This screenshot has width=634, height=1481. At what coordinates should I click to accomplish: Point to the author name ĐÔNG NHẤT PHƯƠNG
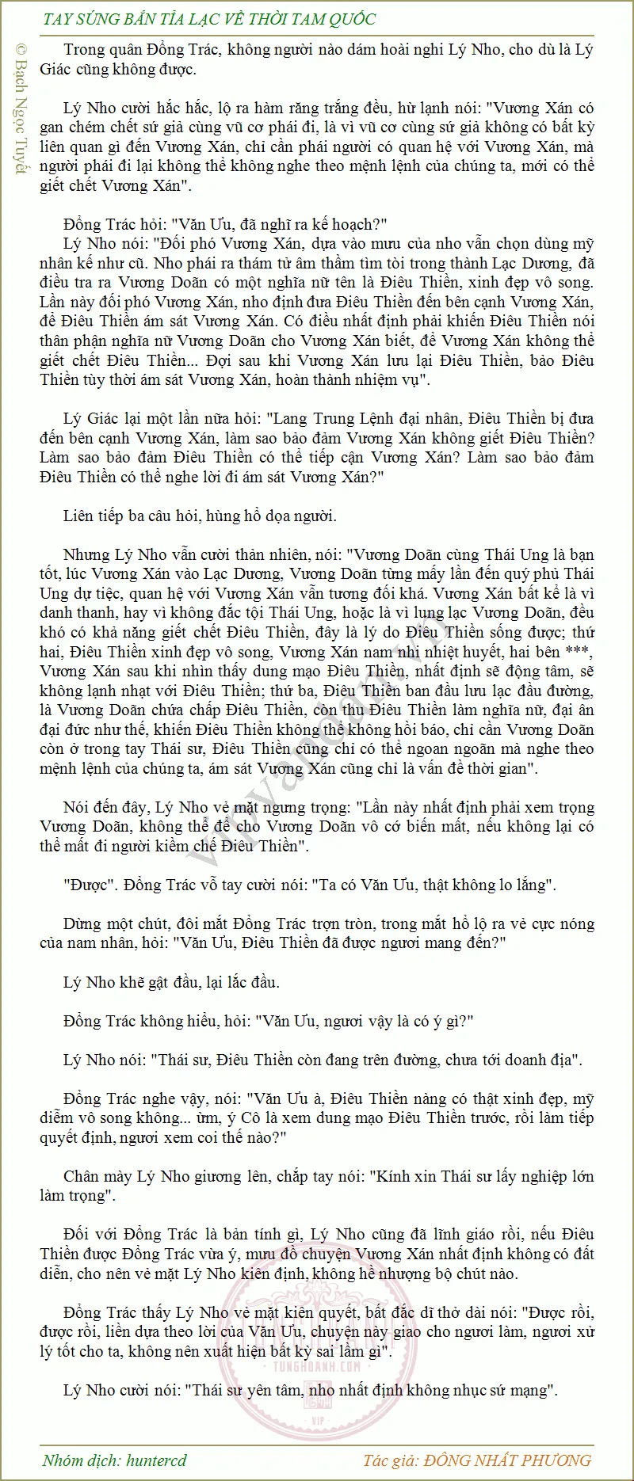click(x=508, y=1460)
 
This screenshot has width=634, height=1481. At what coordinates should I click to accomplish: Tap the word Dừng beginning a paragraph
click(x=83, y=923)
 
